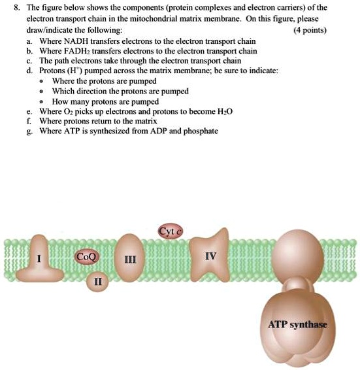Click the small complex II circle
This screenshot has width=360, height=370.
[98, 281]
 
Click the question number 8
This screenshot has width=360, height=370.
[7, 7]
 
